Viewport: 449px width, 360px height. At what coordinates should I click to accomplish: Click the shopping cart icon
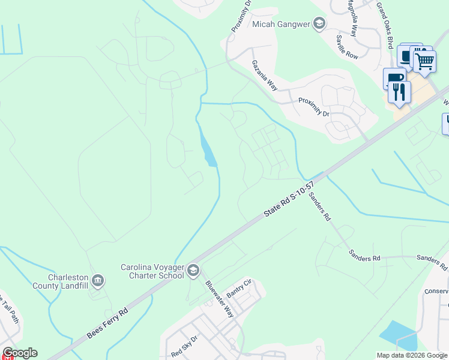(x=424, y=60)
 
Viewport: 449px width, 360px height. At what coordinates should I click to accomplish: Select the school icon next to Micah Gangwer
(x=319, y=24)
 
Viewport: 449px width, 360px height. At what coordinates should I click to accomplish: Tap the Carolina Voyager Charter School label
(x=152, y=271)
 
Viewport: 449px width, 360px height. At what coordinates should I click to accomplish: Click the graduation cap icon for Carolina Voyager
(x=193, y=271)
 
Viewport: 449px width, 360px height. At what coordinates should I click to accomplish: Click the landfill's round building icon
(x=98, y=280)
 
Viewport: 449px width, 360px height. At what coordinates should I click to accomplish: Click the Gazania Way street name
(x=264, y=75)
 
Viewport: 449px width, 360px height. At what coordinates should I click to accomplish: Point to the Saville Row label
(x=347, y=46)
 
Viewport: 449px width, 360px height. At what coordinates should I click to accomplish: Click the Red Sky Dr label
(x=184, y=346)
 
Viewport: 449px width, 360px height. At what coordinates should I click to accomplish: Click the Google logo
(x=20, y=353)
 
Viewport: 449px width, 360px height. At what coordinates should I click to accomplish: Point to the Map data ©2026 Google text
(x=412, y=355)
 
